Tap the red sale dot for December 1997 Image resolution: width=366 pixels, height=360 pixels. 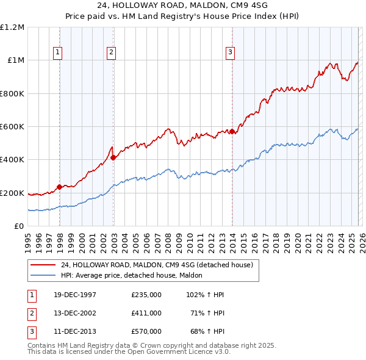click(59, 187)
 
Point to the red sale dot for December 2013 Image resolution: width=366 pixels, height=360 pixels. click(232, 132)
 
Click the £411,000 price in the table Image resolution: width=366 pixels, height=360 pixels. click(146, 313)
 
